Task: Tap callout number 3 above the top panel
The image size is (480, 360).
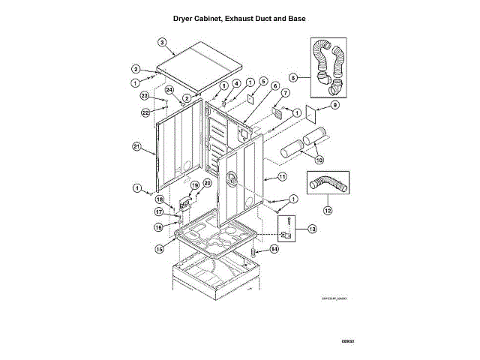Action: click(x=161, y=42)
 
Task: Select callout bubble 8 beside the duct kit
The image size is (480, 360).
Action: click(x=294, y=77)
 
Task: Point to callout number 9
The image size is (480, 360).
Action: click(x=335, y=105)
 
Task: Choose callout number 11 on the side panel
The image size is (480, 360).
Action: click(x=282, y=177)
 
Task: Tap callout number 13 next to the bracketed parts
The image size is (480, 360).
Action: click(x=312, y=228)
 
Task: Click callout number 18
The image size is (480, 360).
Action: click(x=160, y=199)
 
